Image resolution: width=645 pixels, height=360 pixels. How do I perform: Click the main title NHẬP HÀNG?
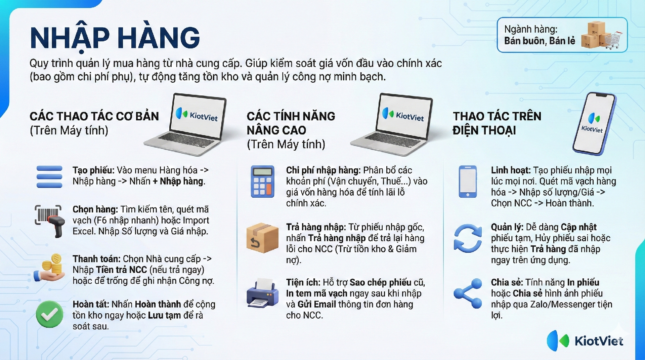click(115, 38)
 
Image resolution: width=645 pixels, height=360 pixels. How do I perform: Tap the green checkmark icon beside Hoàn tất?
click(49, 314)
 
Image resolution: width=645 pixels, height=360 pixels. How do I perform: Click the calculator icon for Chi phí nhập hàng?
click(262, 182)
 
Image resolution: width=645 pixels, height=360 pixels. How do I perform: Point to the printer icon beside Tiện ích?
click(262, 293)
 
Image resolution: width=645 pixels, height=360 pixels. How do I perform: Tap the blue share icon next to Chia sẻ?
click(468, 293)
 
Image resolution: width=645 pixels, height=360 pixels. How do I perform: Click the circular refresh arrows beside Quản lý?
click(468, 238)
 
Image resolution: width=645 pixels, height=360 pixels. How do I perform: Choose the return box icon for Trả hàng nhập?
click(262, 238)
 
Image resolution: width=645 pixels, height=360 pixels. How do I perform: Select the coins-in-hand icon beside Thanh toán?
click(49, 268)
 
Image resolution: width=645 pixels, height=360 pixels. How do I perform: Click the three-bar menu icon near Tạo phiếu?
click(49, 176)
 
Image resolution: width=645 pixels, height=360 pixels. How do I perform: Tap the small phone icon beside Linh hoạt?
click(468, 182)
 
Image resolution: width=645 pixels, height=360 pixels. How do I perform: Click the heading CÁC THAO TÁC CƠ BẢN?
click(94, 116)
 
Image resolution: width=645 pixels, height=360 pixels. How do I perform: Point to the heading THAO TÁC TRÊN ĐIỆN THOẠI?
click(497, 123)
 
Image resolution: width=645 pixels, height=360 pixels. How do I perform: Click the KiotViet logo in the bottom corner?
click(585, 341)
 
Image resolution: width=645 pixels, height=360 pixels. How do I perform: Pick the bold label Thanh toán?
click(96, 259)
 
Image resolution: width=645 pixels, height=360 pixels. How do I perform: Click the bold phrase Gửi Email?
click(317, 304)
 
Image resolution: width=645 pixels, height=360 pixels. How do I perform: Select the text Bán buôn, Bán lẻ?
click(540, 41)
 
